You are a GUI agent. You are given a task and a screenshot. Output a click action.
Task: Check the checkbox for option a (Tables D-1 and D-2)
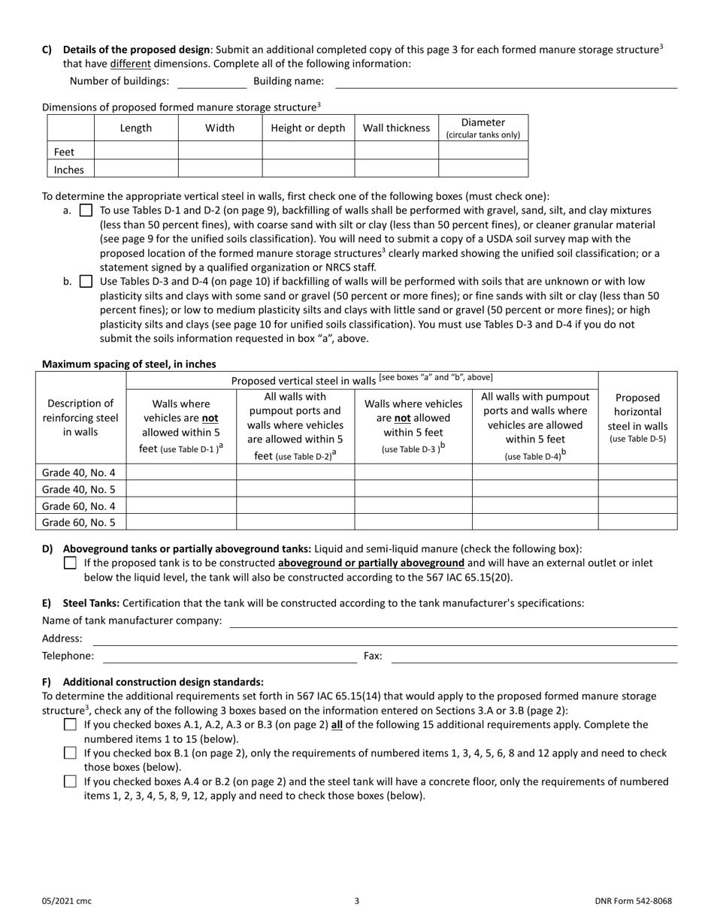coord(86,211)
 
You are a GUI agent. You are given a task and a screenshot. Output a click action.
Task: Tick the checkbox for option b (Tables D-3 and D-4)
coord(86,282)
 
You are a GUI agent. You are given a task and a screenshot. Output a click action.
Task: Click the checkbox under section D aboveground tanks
coord(70,563)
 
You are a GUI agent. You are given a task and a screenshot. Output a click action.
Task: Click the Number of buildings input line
coord(211,82)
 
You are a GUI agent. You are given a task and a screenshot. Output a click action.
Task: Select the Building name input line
coord(505,82)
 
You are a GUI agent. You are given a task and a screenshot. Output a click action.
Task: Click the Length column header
coord(136,128)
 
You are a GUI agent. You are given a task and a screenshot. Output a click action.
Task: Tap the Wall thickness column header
coord(396,128)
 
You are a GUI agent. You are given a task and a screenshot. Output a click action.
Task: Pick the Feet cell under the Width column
coord(219,151)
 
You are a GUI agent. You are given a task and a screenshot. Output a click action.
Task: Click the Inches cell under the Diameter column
coord(483,169)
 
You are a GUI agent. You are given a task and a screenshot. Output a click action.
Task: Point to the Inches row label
coord(69,170)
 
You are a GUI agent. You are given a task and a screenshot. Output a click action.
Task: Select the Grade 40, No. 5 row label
coord(83,489)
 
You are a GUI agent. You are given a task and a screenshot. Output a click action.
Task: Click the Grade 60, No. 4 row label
coord(83,506)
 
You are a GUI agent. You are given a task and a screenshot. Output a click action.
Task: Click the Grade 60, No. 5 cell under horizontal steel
coord(637,522)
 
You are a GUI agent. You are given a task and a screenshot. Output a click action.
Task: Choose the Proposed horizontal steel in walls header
coord(637,418)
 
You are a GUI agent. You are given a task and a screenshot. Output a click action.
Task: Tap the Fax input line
coord(534,657)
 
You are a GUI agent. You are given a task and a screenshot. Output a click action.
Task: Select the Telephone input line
coord(229,657)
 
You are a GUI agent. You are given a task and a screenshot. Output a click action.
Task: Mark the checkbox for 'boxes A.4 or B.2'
coord(70,781)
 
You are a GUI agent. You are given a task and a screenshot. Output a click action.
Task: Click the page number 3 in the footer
coord(357,901)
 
